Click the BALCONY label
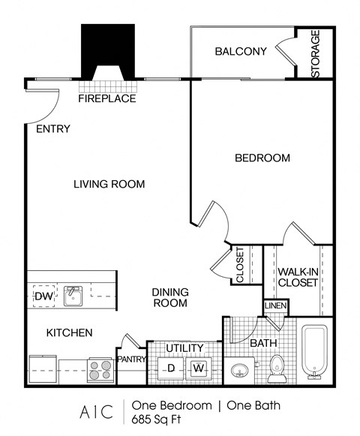click(x=241, y=52)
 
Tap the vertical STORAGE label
click(x=316, y=54)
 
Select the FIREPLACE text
click(x=107, y=98)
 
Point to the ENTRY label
click(x=52, y=129)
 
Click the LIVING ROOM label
click(x=109, y=184)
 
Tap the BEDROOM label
click(x=262, y=158)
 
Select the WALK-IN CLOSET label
click(x=298, y=277)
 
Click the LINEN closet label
click(x=272, y=306)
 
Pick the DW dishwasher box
click(x=42, y=296)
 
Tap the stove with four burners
click(x=100, y=371)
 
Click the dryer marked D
click(x=170, y=368)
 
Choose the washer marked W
click(x=198, y=368)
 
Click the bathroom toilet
click(x=277, y=365)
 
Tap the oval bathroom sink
click(x=239, y=371)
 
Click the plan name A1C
click(x=95, y=412)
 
